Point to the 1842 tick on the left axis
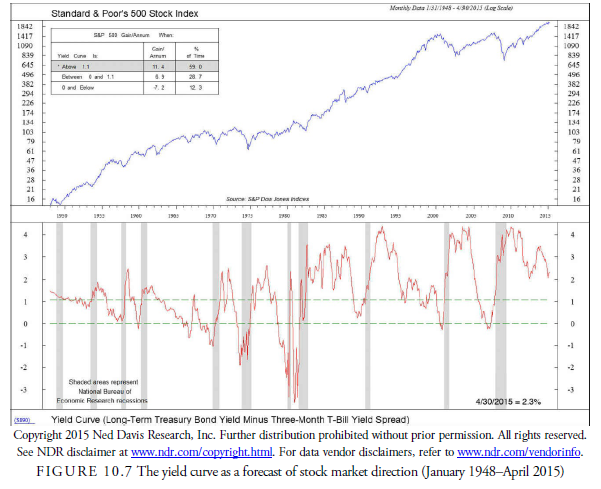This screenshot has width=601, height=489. point(27,26)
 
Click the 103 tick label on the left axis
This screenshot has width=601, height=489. point(29,132)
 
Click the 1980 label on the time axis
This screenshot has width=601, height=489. point(285,215)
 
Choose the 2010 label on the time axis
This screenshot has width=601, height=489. point(508,215)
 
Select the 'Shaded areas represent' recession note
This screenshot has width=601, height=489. point(95,382)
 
